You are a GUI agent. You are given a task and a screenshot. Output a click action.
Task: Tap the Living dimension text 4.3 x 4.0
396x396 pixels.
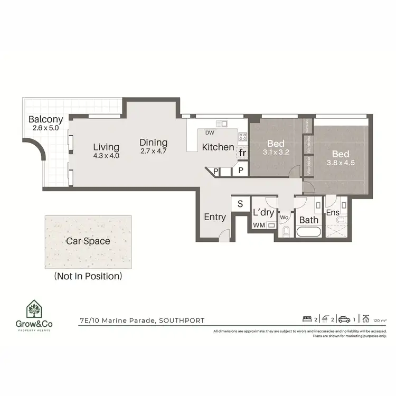click(x=106, y=156)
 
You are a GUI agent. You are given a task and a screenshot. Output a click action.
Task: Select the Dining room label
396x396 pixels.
click(x=154, y=143)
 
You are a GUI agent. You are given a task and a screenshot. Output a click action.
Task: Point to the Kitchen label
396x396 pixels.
click(x=218, y=147)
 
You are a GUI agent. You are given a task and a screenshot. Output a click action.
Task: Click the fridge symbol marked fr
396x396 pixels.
click(x=242, y=153)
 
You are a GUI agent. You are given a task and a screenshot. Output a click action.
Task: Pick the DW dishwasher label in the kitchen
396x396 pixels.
click(x=210, y=133)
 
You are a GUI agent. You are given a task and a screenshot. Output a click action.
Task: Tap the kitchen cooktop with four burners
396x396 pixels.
click(x=243, y=137)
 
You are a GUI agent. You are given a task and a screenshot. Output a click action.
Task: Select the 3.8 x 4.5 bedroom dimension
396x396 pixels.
click(x=341, y=163)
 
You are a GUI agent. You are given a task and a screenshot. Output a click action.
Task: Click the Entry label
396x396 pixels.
click(x=215, y=217)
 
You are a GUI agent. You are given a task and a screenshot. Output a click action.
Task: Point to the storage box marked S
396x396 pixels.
click(x=240, y=204)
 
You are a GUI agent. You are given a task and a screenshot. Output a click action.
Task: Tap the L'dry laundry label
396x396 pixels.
click(x=262, y=213)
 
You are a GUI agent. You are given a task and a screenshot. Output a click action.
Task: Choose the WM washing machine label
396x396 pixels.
click(x=259, y=225)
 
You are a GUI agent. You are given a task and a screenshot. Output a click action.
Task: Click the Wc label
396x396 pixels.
click(x=283, y=217)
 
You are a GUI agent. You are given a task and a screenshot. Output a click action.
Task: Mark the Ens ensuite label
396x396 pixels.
click(x=332, y=213)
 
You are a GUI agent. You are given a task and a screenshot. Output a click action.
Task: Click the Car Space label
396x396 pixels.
click(x=88, y=241)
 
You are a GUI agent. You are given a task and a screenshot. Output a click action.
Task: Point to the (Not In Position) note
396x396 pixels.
click(x=88, y=276)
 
